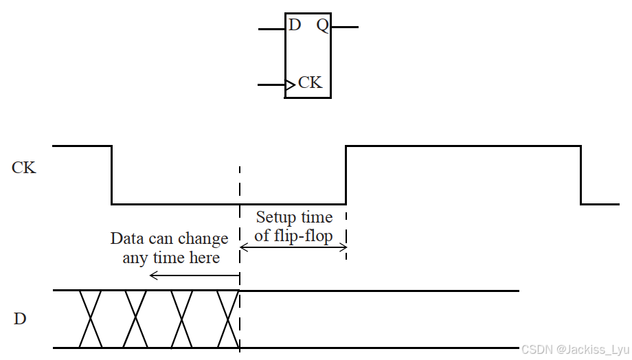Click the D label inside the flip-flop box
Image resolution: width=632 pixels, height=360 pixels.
click(295, 25)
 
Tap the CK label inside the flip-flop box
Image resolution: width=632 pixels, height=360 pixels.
click(310, 83)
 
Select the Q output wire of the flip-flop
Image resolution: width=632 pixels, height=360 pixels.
click(345, 27)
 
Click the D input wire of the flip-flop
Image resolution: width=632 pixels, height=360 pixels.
click(271, 30)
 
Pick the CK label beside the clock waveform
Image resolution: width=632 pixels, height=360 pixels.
click(23, 168)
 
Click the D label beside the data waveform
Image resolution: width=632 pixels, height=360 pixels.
click(20, 319)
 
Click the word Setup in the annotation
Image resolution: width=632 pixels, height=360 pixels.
click(273, 218)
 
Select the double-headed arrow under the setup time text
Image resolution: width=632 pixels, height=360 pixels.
click(293, 247)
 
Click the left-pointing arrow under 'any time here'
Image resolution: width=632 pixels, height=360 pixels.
click(194, 275)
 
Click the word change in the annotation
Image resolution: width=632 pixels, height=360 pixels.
click(203, 239)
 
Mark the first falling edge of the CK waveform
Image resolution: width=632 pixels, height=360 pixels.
click(112, 175)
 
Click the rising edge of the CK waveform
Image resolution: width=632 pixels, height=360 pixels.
click(346, 175)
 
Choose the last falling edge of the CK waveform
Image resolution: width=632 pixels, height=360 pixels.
click(581, 175)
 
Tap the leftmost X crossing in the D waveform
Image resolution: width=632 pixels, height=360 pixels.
click(91, 319)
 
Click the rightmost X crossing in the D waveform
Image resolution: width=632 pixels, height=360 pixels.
click(227, 319)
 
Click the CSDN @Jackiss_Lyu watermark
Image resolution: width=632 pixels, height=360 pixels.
click(574, 350)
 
